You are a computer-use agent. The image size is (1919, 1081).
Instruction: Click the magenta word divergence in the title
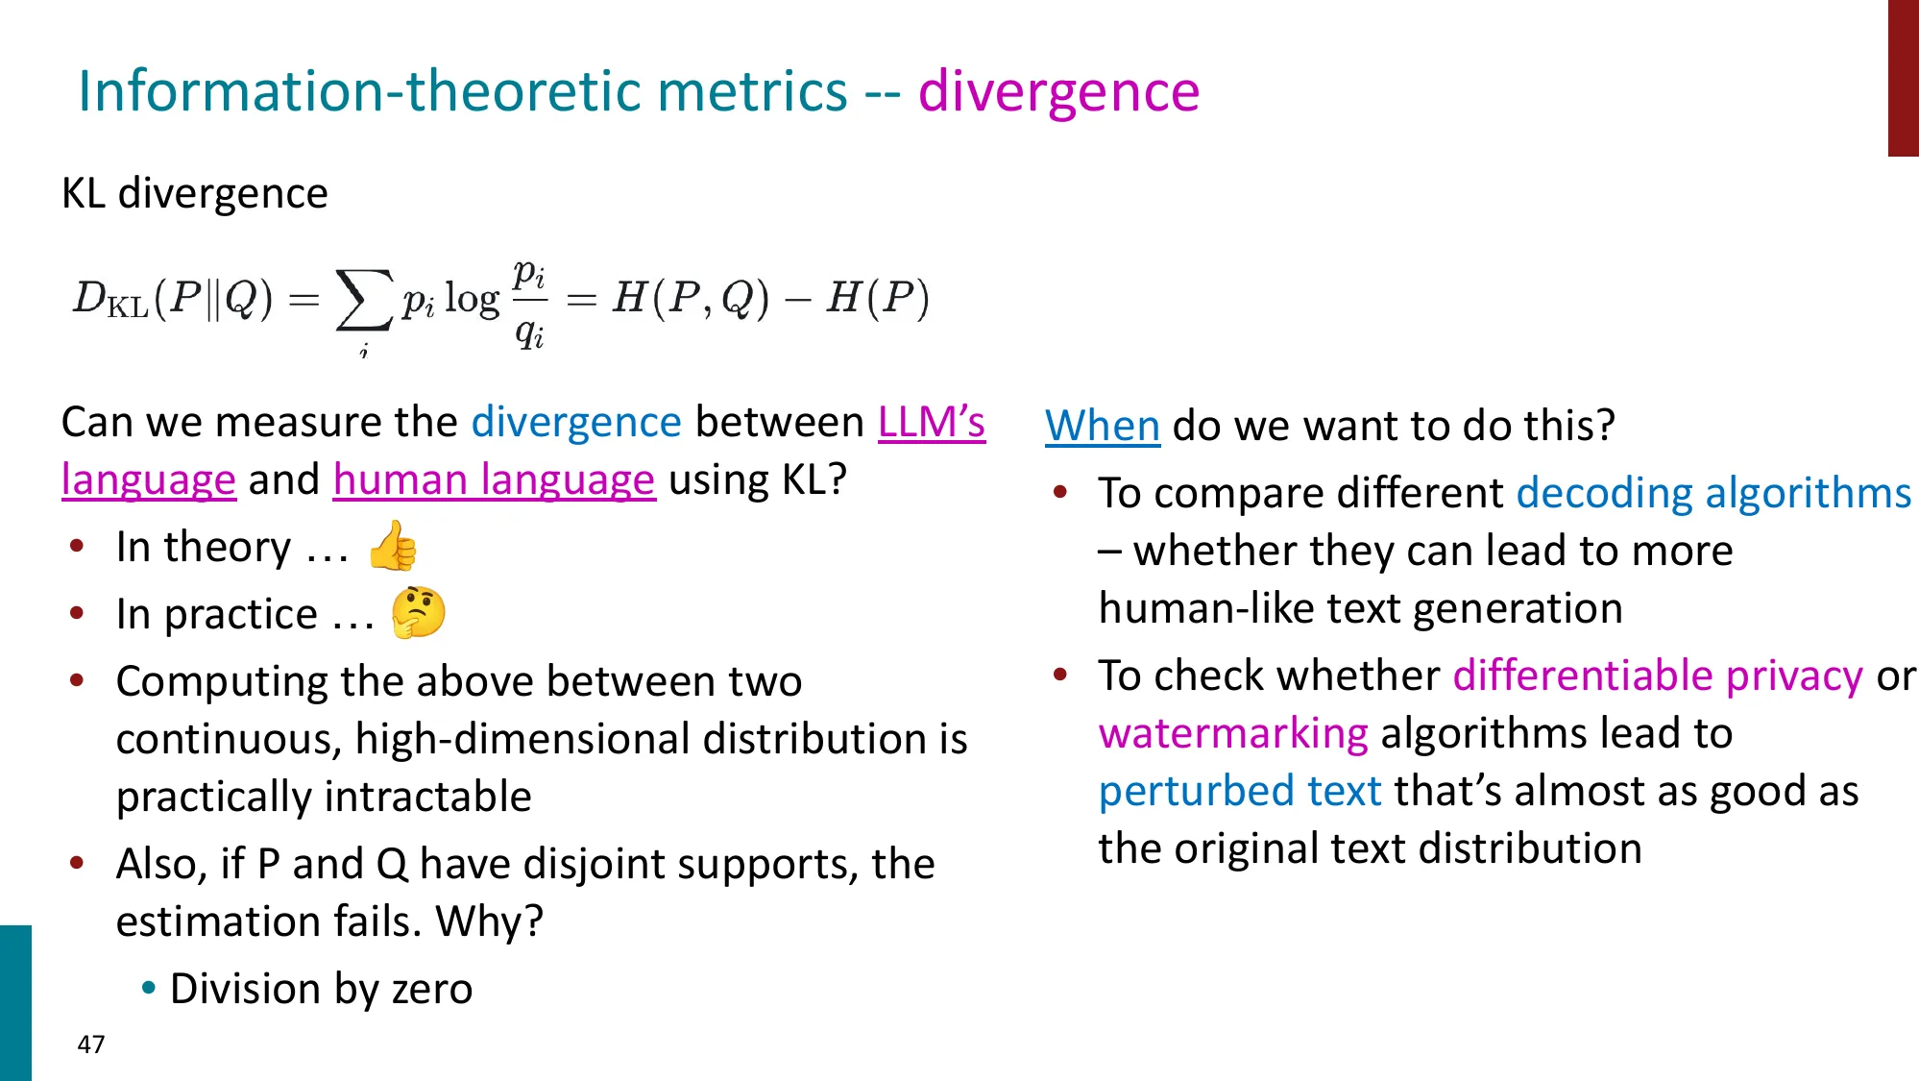(1058, 92)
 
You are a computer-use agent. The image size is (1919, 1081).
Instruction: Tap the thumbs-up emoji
(394, 546)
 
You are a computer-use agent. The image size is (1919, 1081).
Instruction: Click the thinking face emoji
(419, 612)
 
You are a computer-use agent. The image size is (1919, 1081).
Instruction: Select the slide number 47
(91, 1044)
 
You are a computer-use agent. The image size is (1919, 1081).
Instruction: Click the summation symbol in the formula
(363, 300)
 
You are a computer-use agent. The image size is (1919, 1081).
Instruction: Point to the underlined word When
(1103, 426)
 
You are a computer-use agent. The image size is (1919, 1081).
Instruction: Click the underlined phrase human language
(494, 479)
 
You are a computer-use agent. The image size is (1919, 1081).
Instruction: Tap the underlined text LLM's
(932, 423)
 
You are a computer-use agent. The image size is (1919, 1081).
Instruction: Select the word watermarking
(1233, 734)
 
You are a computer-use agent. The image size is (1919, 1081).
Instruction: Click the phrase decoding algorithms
(1713, 493)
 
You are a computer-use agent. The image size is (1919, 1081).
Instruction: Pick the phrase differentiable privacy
(1658, 676)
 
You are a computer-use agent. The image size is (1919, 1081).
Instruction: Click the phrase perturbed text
(1240, 792)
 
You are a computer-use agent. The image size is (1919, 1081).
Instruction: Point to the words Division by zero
(321, 989)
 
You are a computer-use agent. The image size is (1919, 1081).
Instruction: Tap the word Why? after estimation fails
(489, 921)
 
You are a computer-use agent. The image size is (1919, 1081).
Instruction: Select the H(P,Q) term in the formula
(691, 298)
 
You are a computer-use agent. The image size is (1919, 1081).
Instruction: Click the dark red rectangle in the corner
(1903, 77)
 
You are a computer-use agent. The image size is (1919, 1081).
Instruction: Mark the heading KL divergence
(195, 194)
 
